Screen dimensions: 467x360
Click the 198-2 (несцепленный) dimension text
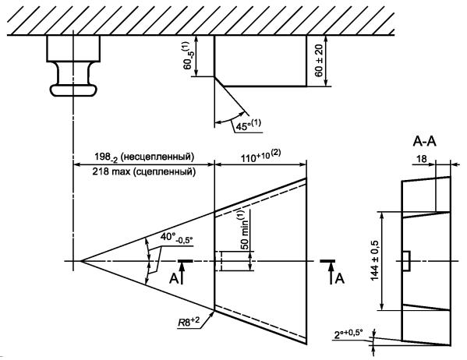tap(144, 157)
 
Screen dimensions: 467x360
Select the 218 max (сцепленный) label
tap(144, 171)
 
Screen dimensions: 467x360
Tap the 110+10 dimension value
tap(260, 157)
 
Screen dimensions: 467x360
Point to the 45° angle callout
tap(248, 125)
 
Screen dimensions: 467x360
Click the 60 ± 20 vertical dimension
tap(319, 61)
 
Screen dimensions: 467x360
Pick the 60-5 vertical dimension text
tap(188, 55)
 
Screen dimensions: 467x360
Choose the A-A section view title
tap(424, 141)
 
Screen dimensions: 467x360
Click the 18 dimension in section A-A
tap(422, 159)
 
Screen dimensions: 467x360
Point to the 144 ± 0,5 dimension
tap(375, 260)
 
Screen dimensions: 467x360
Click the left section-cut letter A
tap(174, 279)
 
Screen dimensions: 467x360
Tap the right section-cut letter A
tap(340, 279)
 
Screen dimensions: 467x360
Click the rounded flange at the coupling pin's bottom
tap(73, 90)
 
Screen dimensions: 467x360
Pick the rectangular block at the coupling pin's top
tap(73, 48)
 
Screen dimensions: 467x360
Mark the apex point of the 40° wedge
tap(81, 261)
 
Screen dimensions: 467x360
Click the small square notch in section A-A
tap(406, 261)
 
